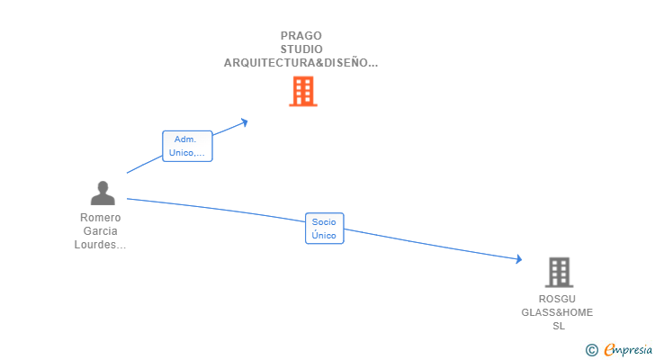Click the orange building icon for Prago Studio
pos(302,91)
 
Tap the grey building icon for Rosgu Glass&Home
pos(559,272)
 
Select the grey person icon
pos(103,193)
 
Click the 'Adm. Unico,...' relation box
pos(187,146)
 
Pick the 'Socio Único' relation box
pos(324,229)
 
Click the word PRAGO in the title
pos(301,36)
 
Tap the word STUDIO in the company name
pos(301,49)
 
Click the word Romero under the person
pos(100,218)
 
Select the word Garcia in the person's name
pos(100,231)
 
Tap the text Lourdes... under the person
pos(100,245)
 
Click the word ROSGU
pos(557,299)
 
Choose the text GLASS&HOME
pos(557,312)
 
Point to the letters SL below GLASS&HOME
pos(558,326)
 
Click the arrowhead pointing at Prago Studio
pos(244,121)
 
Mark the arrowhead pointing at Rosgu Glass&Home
pos(518,260)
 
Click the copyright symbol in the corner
pos(591,350)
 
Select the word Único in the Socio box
pos(324,236)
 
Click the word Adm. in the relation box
pos(186,139)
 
